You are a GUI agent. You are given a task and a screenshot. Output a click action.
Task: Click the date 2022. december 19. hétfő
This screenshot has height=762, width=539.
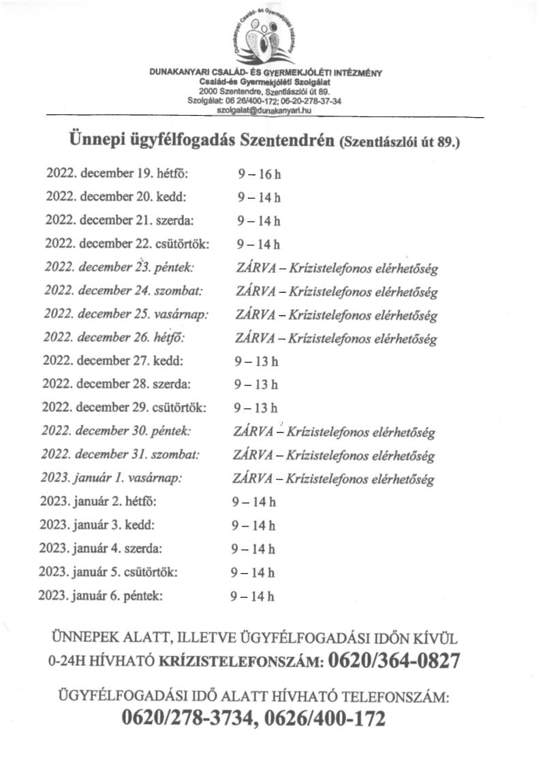tap(117, 174)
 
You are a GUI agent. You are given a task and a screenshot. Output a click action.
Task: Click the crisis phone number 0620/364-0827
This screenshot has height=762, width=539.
tap(394, 661)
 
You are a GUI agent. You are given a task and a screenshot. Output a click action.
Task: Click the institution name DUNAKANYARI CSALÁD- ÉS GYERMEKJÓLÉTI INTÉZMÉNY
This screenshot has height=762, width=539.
tap(266, 73)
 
